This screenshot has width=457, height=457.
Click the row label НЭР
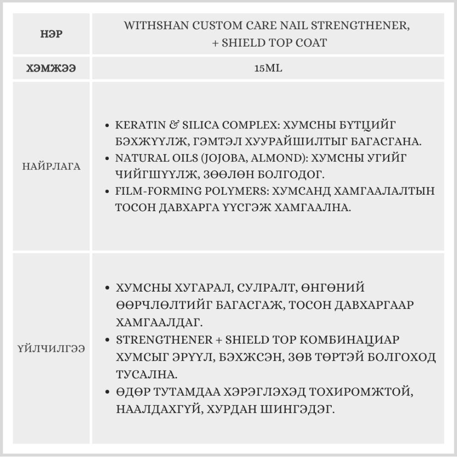[51, 34]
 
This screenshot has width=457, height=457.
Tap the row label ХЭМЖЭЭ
[51, 69]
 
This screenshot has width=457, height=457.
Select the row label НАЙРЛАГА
[51, 166]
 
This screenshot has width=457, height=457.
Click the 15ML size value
[268, 69]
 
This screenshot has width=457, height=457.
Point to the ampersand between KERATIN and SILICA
[174, 124]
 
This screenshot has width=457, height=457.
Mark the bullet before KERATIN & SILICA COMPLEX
[107, 125]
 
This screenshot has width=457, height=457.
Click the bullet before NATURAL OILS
[107, 158]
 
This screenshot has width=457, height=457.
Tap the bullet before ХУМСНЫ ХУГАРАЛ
[107, 288]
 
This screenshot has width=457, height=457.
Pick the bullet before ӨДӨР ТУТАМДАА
[107, 393]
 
